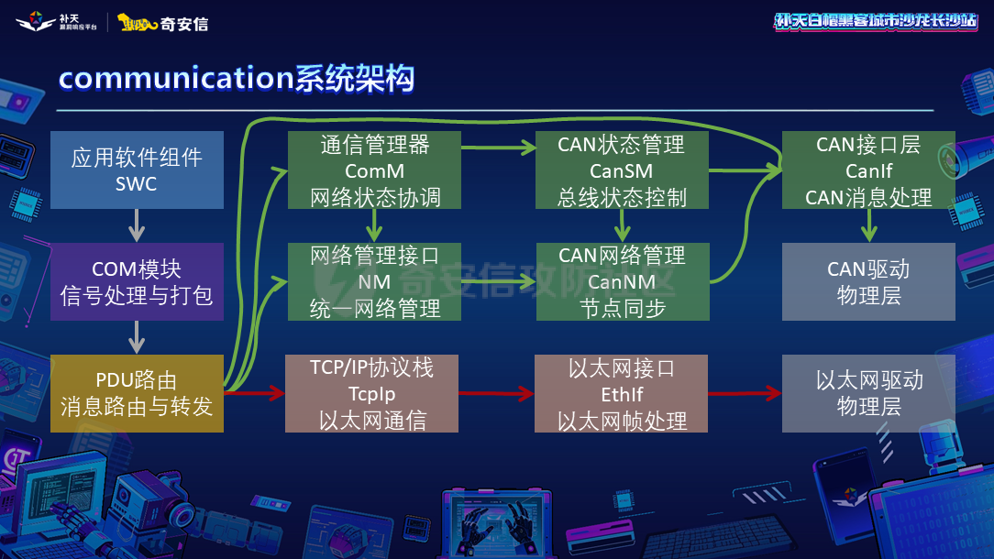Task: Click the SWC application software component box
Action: point(137,170)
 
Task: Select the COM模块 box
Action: point(137,281)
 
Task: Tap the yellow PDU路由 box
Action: point(137,393)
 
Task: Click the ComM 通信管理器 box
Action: point(374,170)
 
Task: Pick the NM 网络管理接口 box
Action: point(374,281)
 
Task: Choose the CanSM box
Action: point(622,170)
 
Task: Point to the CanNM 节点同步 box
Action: point(622,281)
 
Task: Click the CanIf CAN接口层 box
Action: point(868,170)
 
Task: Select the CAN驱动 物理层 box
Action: point(868,281)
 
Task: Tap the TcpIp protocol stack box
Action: point(371,393)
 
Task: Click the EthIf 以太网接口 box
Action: point(622,393)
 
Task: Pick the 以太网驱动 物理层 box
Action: point(868,393)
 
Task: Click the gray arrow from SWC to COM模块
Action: point(137,225)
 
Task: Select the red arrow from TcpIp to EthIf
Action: point(495,394)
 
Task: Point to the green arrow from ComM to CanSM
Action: point(498,146)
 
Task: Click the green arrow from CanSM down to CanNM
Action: point(622,225)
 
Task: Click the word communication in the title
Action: point(175,79)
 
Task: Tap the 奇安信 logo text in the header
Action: point(184,23)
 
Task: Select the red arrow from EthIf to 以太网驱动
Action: point(744,394)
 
